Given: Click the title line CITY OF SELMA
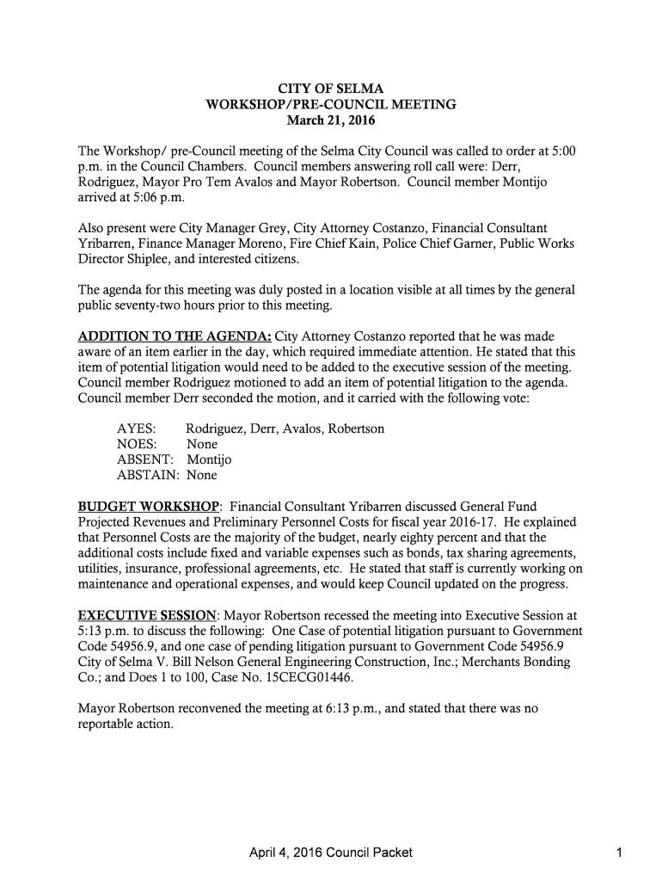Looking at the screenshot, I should point(331,89).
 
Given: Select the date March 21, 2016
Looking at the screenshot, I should point(331,120).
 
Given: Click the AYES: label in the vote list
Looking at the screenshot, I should point(136,428).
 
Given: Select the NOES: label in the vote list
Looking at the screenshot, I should point(137,444).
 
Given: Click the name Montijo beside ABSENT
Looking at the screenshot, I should point(209,459).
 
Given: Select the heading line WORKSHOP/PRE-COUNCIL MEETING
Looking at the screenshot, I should point(331,105).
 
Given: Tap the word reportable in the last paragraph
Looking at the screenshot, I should point(107,724).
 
